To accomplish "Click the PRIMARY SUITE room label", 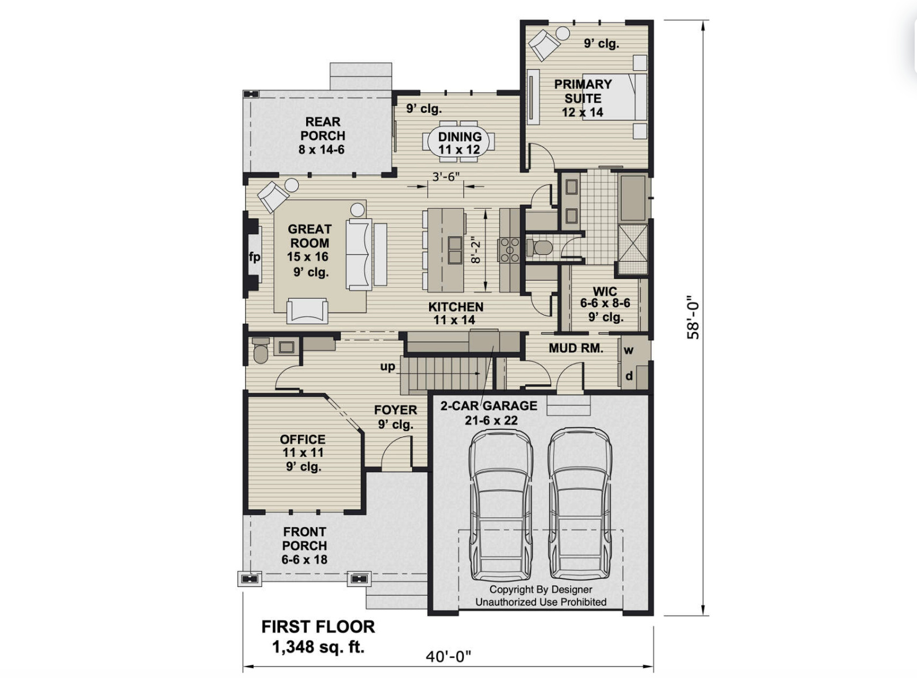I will click(x=582, y=91).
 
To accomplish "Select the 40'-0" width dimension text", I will click(x=448, y=656).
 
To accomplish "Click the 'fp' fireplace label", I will click(x=254, y=257).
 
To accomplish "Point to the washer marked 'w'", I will click(x=629, y=350).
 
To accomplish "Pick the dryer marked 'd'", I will click(x=629, y=376).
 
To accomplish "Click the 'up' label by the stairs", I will click(x=387, y=366).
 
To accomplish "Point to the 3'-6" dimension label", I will click(x=446, y=176).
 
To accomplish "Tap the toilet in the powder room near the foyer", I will click(x=261, y=351).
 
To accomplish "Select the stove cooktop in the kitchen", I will click(x=509, y=250).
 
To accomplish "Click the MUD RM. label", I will click(x=575, y=348).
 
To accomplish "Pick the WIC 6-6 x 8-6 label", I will click(x=605, y=303).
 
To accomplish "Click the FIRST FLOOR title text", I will click(x=318, y=626).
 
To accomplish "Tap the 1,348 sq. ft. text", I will click(x=318, y=646).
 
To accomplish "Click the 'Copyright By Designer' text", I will click(x=540, y=589).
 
